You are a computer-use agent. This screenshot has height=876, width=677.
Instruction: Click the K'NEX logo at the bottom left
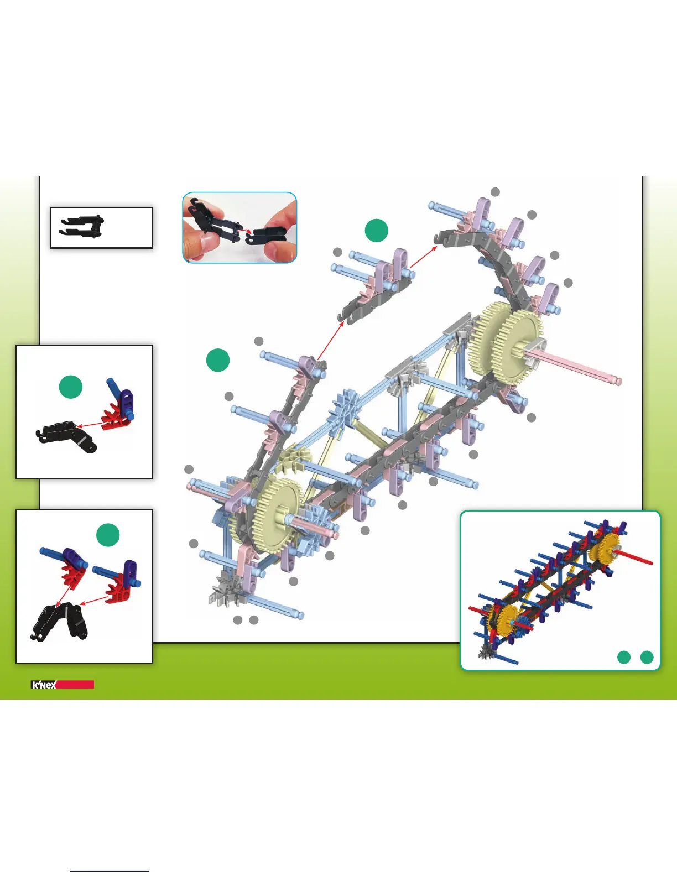(44, 685)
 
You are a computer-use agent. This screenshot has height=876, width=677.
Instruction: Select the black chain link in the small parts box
(81, 226)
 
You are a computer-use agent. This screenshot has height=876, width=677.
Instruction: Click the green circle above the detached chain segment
(377, 230)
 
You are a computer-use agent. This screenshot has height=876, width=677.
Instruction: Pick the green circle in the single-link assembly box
(71, 387)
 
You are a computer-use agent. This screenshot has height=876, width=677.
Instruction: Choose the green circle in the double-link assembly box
(108, 535)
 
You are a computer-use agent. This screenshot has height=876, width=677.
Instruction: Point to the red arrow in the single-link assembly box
(90, 425)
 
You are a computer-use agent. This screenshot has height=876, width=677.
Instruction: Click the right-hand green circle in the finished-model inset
(647, 657)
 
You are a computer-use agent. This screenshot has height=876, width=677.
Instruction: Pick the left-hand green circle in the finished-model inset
(624, 657)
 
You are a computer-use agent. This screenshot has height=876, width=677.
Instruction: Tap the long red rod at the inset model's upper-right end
(636, 557)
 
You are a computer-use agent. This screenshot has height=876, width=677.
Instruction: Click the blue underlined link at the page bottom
(110, 871)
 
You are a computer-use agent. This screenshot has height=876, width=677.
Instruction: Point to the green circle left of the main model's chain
(218, 360)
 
